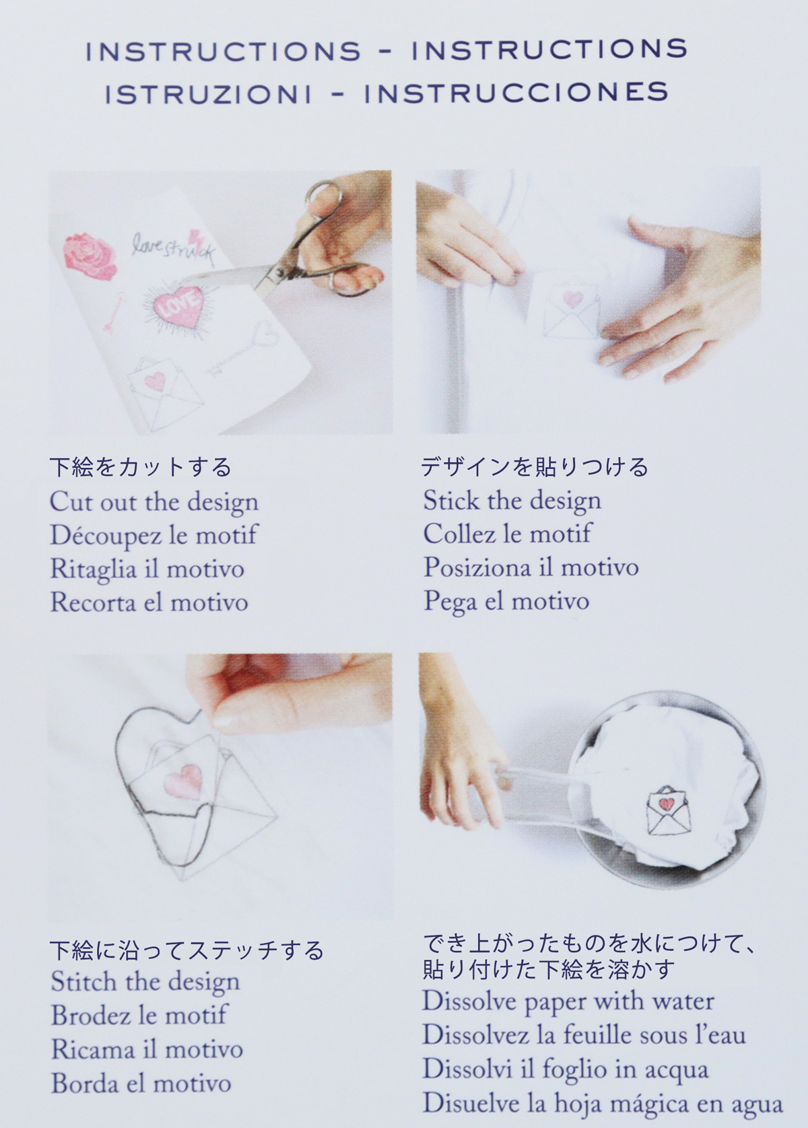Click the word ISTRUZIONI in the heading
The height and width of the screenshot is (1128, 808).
click(208, 94)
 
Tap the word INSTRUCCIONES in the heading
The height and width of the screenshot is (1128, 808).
click(517, 93)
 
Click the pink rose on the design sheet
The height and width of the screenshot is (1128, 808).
click(91, 255)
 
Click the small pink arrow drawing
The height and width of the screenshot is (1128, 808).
click(113, 311)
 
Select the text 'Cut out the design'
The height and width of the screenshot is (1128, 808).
click(154, 503)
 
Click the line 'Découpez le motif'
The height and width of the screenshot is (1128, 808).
click(154, 535)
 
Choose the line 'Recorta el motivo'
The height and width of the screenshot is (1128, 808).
click(149, 602)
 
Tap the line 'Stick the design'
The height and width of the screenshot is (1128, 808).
click(512, 501)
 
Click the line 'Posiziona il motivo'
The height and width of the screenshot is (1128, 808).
click(531, 567)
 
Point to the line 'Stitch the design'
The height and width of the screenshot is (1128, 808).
click(145, 983)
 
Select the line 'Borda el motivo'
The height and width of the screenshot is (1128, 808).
click(141, 1084)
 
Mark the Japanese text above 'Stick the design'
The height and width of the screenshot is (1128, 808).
click(535, 467)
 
